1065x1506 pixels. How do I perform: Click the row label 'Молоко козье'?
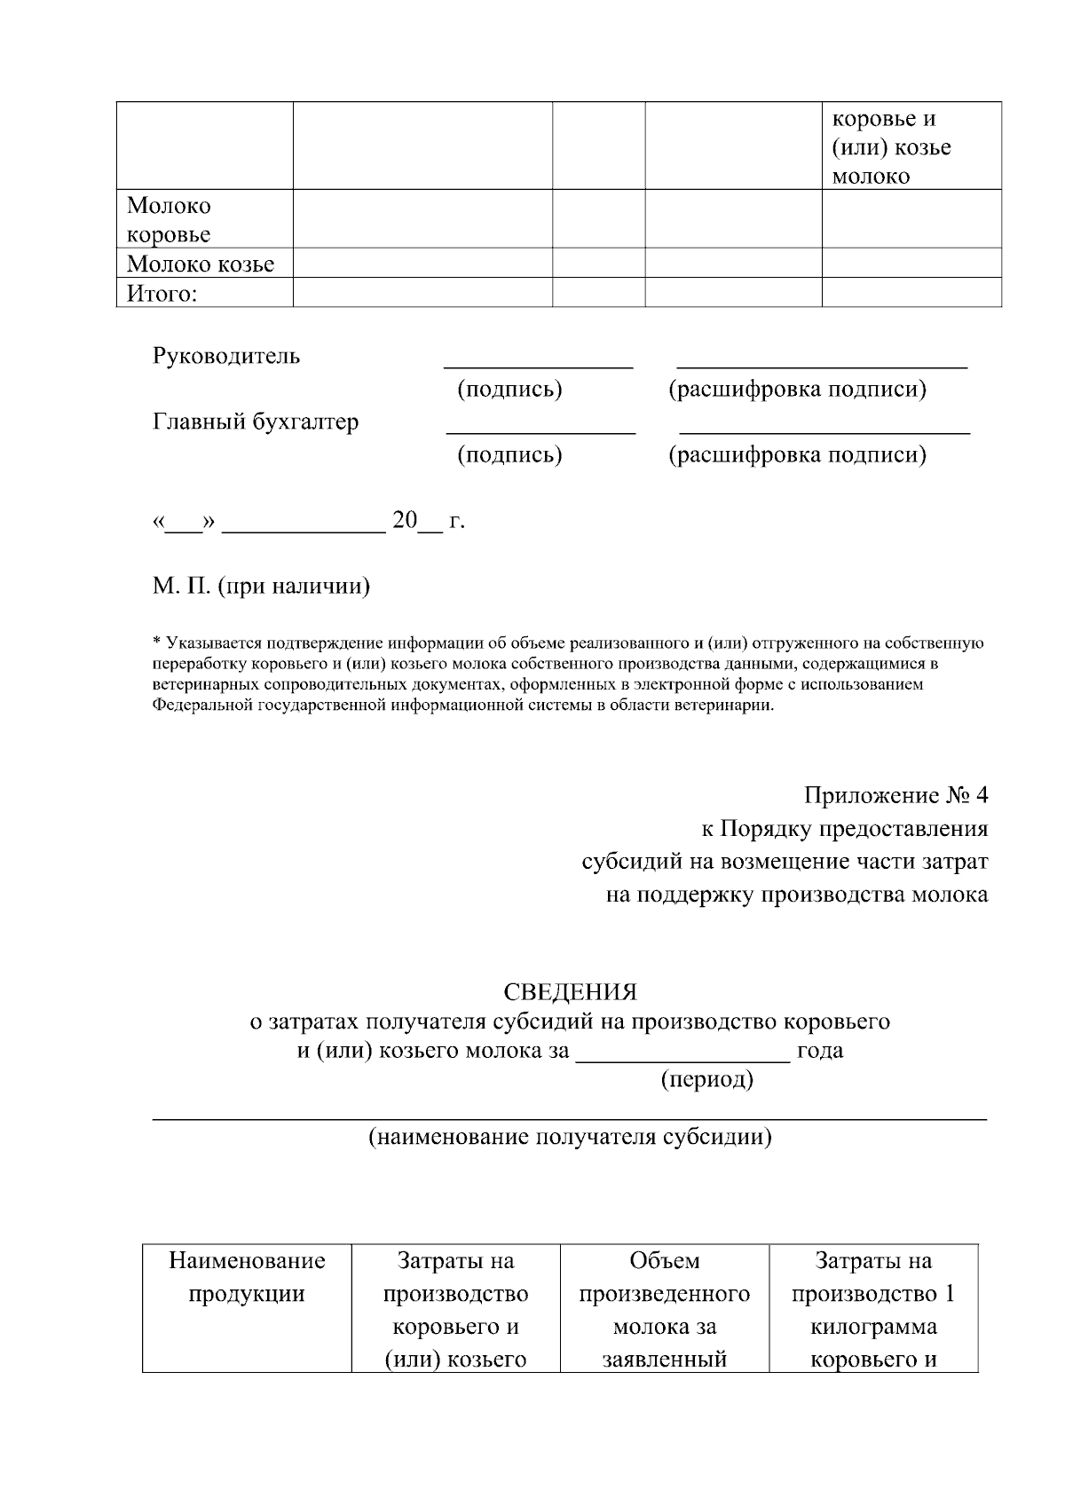click(x=201, y=264)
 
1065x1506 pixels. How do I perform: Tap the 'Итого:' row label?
click(x=162, y=293)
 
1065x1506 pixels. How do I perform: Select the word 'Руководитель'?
click(x=226, y=356)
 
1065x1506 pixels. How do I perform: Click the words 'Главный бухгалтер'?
click(x=256, y=422)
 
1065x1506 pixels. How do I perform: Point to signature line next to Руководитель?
click(x=538, y=363)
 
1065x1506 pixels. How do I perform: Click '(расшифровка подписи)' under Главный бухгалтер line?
click(x=797, y=455)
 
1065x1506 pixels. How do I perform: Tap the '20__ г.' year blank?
click(x=428, y=521)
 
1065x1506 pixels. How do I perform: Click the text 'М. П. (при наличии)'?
click(x=261, y=587)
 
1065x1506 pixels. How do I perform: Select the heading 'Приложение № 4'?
click(x=895, y=795)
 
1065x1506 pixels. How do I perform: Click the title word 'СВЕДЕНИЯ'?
click(x=570, y=991)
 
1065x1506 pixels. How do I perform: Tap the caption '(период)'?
click(x=706, y=1080)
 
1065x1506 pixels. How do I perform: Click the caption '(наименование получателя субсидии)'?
click(x=570, y=1137)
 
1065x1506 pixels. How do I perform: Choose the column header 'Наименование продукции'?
click(x=247, y=1277)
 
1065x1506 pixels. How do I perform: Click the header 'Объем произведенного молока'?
click(x=665, y=1294)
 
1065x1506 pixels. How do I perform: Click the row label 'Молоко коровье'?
click(x=169, y=220)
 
